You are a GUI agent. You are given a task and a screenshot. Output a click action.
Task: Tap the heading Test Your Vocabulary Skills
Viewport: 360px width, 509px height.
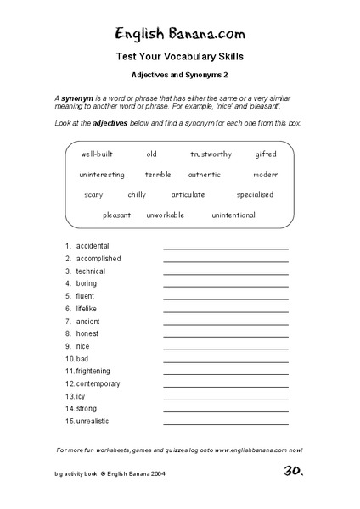pos(179,58)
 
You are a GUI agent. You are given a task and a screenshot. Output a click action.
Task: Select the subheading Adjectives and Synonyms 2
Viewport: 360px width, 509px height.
pos(179,75)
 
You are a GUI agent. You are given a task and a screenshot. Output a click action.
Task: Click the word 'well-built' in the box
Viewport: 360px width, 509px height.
pos(98,154)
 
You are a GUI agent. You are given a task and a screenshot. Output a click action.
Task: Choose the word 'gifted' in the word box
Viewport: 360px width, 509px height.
pos(266,154)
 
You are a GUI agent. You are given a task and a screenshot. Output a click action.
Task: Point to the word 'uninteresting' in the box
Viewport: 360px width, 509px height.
pos(102,175)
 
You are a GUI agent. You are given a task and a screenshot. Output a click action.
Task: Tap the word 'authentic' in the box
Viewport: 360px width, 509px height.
pos(204,175)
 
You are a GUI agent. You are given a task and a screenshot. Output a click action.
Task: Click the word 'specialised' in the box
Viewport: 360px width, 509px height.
pos(254,194)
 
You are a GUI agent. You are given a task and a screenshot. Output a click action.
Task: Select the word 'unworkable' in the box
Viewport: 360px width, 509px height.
pos(165,215)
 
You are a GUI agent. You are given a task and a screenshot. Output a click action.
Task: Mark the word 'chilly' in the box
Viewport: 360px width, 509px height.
pos(136,194)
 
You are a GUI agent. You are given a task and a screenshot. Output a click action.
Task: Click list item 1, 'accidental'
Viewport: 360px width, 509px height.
pos(93,246)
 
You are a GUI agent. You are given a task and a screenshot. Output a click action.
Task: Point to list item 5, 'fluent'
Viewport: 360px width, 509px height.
pos(85,296)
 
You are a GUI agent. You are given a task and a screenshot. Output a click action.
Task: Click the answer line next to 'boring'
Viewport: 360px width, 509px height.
pos(226,287)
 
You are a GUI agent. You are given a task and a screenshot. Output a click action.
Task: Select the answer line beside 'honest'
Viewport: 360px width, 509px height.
pos(226,337)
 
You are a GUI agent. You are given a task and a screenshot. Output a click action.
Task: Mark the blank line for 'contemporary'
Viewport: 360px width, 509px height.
pos(226,387)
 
